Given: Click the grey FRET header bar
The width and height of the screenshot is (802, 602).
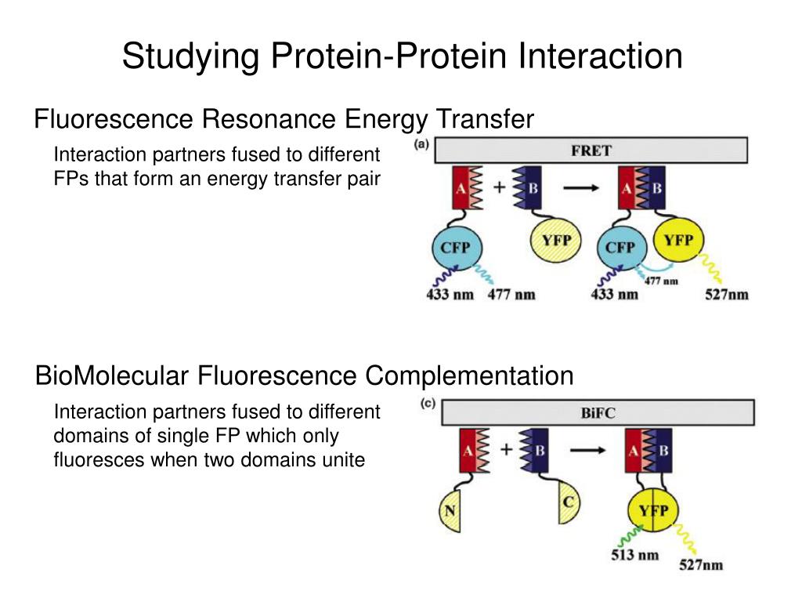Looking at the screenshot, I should (591, 150).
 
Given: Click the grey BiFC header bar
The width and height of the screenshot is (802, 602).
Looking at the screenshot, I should (598, 412).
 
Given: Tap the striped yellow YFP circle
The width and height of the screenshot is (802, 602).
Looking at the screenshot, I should (557, 239).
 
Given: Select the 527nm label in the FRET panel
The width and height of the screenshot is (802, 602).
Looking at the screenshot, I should (726, 295).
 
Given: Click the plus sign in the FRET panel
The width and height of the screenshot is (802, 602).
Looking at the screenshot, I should (499, 188).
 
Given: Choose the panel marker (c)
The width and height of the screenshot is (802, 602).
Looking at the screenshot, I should (428, 405).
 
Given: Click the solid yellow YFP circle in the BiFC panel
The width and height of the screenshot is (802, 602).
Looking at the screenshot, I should (652, 512).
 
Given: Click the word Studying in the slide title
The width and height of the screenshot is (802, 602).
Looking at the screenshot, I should (190, 56).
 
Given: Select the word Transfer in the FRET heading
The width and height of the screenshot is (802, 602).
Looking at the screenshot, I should (485, 119).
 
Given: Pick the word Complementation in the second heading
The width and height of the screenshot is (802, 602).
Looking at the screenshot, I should (470, 376).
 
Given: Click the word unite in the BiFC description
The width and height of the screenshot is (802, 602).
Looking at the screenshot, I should (345, 460).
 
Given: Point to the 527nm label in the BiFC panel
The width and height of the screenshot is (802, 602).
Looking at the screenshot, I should (699, 564).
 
